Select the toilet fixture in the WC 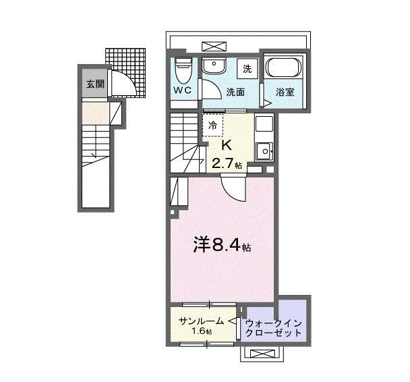pos(182,69)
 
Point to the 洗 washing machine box pos(247,68)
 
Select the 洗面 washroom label pos(235,92)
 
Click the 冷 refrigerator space pos(212,124)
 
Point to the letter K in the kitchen pos(227,144)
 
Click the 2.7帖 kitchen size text pos(228,163)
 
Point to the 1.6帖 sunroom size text pos(201,332)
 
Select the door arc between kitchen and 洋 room pos(236,188)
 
